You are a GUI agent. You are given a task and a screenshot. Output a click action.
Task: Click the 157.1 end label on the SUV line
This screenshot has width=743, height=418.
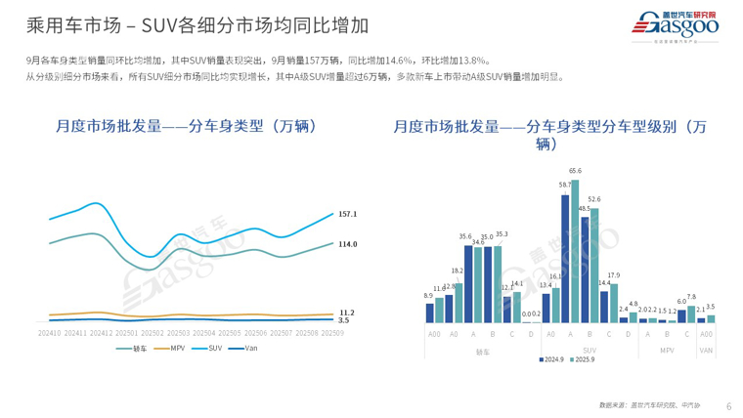347,213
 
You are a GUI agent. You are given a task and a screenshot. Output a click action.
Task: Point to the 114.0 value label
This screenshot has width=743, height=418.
347,243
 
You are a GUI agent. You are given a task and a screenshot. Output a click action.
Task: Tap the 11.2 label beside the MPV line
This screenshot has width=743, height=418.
346,312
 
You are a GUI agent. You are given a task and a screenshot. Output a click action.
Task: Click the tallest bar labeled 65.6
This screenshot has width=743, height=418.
575,251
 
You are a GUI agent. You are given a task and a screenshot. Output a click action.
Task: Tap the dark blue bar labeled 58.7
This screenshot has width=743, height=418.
565,259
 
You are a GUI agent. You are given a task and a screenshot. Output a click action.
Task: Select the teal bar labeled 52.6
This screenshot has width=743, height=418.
594,265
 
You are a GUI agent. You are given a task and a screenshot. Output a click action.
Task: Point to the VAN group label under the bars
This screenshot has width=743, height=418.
706,350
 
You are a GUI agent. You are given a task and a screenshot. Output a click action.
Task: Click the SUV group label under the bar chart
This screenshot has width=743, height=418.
590,350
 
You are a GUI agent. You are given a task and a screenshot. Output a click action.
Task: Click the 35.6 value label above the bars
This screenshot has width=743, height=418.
465,237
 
